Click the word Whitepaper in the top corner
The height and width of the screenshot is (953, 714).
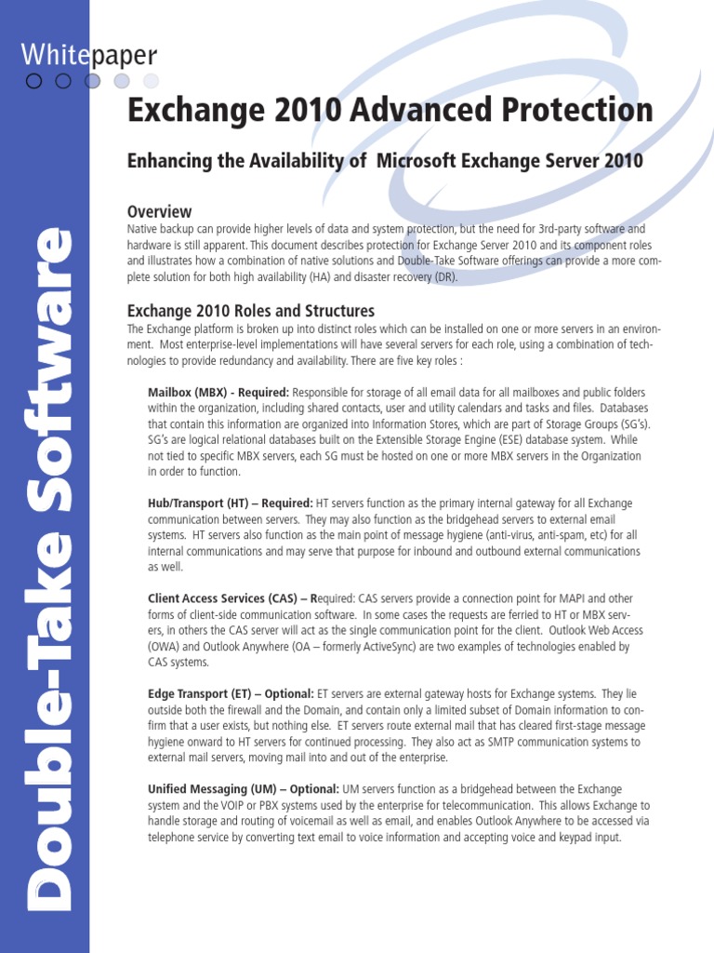pyautogui.click(x=88, y=55)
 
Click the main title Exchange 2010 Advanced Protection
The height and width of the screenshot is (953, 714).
pyautogui.click(x=390, y=111)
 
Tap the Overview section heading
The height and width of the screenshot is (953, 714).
pyautogui.click(x=159, y=211)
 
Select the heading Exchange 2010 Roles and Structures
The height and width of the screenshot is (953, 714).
pyautogui.click(x=250, y=311)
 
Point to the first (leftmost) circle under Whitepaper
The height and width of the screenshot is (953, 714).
pyautogui.click(x=34, y=81)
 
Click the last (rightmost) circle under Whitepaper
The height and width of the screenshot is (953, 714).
pyautogui.click(x=151, y=81)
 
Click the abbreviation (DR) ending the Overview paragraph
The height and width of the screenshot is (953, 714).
pyautogui.click(x=445, y=277)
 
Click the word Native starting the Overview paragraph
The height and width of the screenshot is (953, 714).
pyautogui.click(x=141, y=229)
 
